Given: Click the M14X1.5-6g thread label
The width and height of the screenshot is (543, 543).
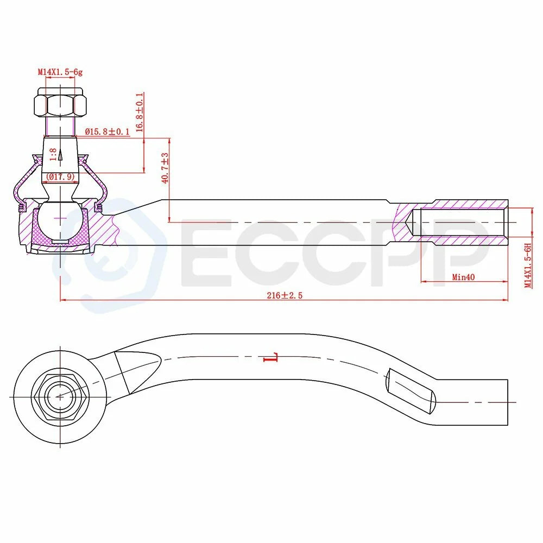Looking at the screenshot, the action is click(x=60, y=72).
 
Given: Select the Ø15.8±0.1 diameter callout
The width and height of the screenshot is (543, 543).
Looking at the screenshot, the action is click(x=107, y=131).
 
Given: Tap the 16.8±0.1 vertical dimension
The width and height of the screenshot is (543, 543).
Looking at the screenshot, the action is click(x=139, y=112).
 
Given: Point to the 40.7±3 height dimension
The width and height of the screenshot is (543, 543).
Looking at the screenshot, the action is click(x=165, y=168).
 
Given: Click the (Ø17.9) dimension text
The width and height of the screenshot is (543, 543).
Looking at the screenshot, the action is click(x=60, y=176).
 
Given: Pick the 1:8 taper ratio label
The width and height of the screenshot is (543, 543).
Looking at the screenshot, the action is click(x=53, y=154).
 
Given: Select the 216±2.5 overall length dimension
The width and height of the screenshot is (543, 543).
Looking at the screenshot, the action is click(x=285, y=295).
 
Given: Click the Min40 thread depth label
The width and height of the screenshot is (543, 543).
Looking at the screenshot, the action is click(x=463, y=277).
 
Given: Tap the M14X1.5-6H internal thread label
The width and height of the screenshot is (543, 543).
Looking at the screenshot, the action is click(x=528, y=266).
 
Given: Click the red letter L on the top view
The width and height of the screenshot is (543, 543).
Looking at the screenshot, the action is click(x=271, y=357).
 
